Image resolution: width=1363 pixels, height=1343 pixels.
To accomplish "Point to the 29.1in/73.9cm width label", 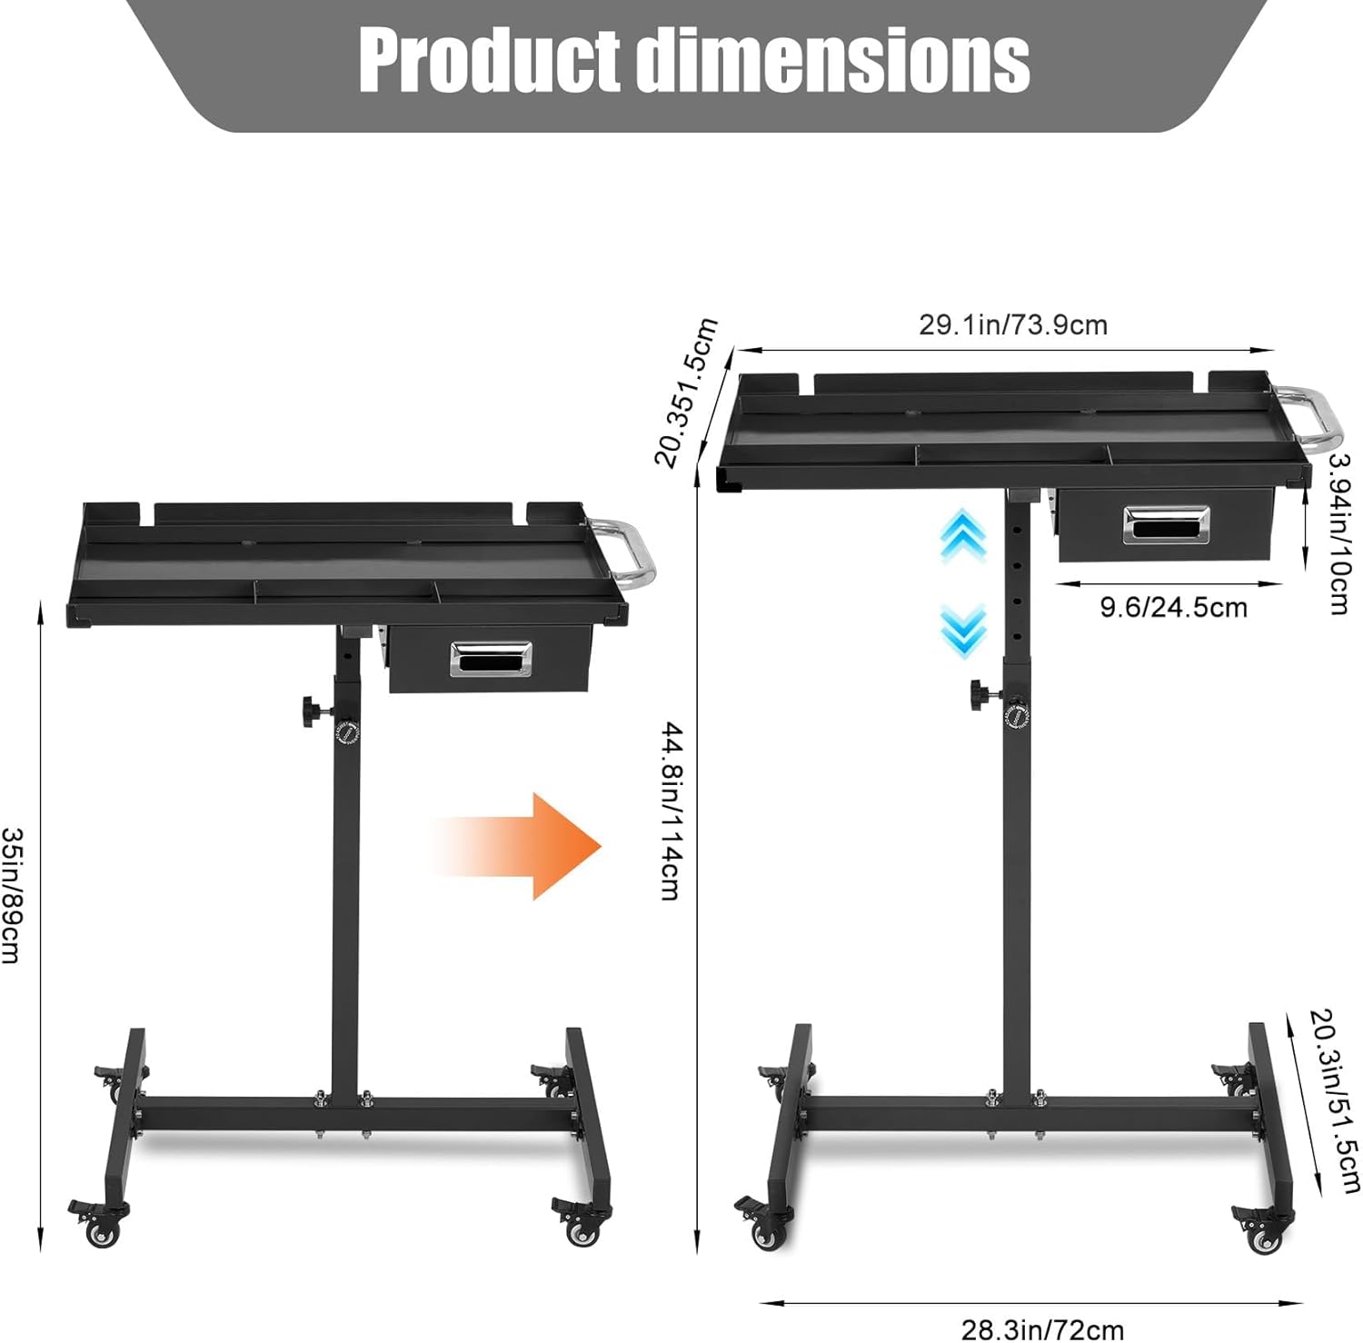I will point(1012,325).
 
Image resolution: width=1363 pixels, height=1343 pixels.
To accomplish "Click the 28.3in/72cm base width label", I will point(1042,1330).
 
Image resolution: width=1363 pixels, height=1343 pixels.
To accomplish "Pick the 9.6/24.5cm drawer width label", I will point(1173,607).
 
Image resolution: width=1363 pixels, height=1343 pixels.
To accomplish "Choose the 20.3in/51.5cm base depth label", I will point(1335,1099).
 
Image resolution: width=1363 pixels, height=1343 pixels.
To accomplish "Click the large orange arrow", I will point(527,846).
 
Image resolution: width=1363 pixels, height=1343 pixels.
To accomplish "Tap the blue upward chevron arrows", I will point(962,536).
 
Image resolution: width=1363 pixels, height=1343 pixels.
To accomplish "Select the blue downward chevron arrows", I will point(962,629).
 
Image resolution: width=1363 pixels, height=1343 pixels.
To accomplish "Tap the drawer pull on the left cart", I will point(491,659).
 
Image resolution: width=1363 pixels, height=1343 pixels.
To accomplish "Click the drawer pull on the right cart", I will point(1167,524).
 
